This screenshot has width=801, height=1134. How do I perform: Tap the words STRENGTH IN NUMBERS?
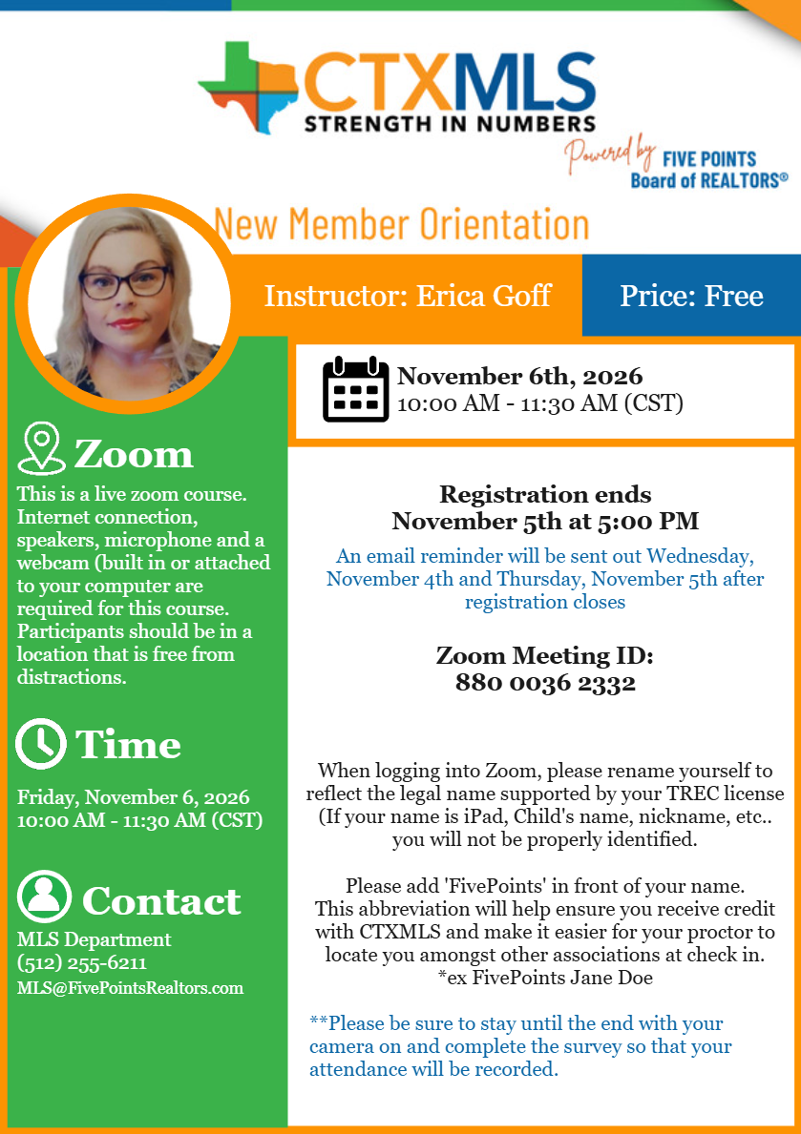point(449,123)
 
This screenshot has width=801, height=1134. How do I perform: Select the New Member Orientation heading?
point(401,224)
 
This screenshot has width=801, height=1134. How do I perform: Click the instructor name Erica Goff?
point(484,296)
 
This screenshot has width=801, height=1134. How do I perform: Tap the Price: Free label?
point(691,296)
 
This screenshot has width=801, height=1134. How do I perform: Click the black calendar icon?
point(355,389)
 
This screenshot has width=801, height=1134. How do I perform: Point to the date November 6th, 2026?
point(519,377)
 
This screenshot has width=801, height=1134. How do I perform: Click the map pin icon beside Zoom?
point(41,449)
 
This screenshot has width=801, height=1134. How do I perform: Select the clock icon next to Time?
point(41,744)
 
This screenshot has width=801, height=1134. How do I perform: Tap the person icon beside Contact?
point(44,897)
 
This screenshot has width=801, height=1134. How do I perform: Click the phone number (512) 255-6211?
point(82,963)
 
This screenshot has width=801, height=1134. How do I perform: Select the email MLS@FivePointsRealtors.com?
point(130,988)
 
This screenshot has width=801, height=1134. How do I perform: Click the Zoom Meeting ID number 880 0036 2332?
point(545,683)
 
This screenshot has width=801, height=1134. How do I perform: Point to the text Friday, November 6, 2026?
point(133,796)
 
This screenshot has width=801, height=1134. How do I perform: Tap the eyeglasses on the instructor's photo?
point(125,282)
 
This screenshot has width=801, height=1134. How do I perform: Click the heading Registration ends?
point(545,494)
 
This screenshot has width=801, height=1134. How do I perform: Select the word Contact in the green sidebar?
point(161,900)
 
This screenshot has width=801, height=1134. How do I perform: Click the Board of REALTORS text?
point(708,179)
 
